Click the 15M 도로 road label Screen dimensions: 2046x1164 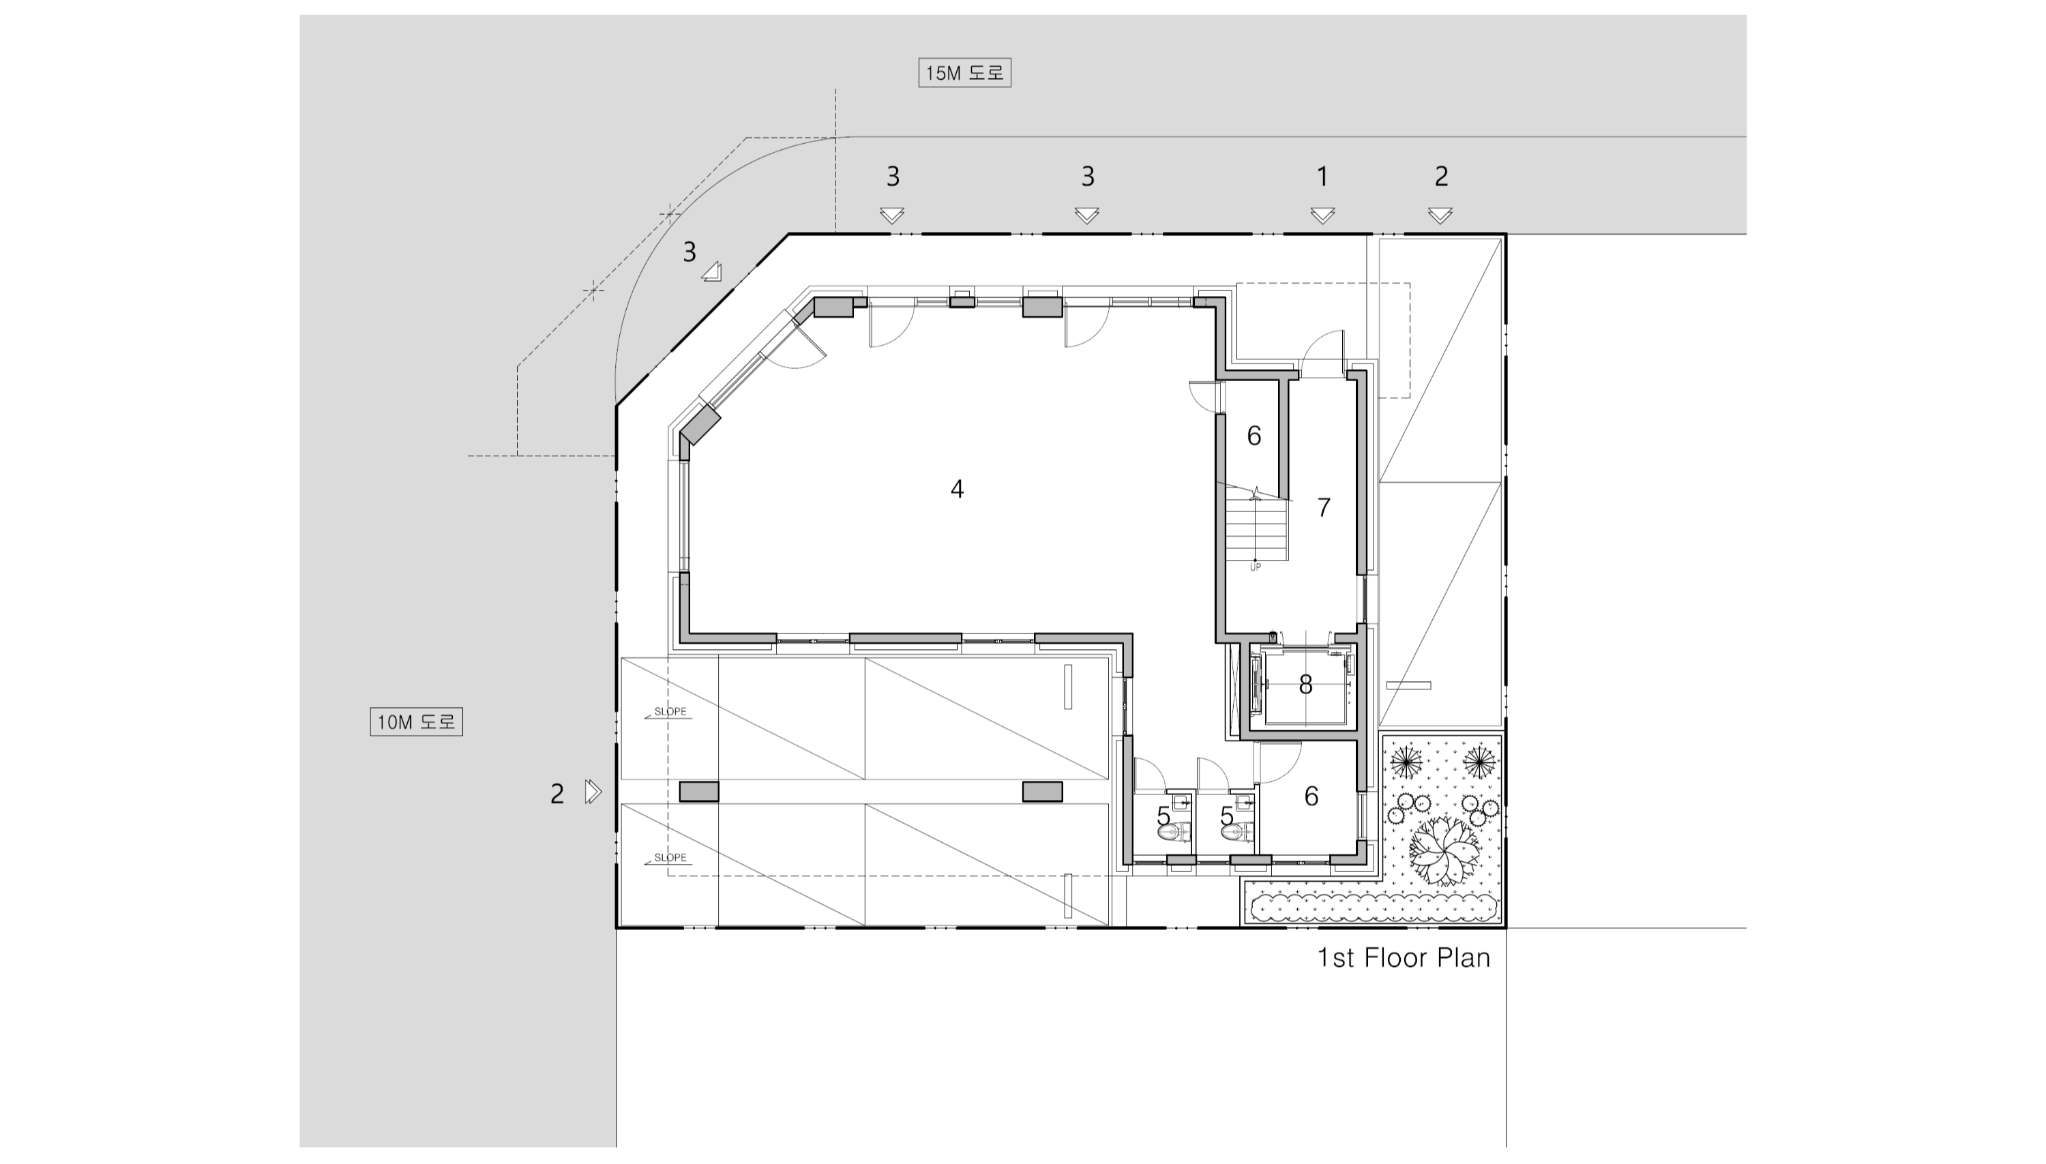point(964,73)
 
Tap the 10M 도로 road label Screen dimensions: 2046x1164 point(416,722)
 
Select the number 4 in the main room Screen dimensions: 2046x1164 point(957,488)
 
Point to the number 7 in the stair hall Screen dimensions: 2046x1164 point(1323,507)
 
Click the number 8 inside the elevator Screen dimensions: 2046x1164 point(1305,685)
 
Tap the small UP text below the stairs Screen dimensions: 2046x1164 point(1256,567)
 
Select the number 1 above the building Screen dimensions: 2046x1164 point(1322,176)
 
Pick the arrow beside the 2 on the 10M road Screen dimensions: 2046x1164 point(593,792)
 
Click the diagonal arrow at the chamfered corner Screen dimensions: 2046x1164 point(713,273)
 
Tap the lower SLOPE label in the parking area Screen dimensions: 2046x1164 point(670,858)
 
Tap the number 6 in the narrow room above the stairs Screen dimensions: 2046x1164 point(1254,436)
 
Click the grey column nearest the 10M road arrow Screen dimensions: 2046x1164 point(699,792)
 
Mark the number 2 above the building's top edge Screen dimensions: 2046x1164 point(1441,176)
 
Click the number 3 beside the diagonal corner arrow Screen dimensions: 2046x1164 point(690,252)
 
